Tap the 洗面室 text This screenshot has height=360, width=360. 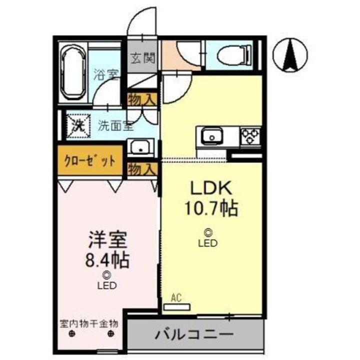(115, 125)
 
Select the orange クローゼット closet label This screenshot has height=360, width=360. (90, 161)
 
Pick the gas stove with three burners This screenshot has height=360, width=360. (250, 136)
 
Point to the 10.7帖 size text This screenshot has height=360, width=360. (211, 208)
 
